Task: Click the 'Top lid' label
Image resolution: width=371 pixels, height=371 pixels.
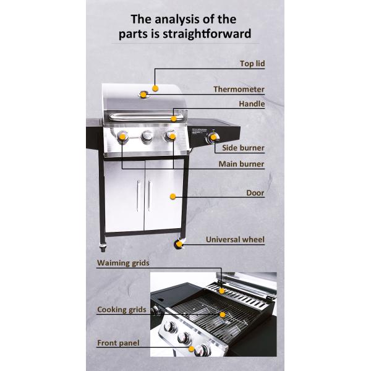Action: point(252,64)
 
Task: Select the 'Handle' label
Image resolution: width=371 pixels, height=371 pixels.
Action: point(252,104)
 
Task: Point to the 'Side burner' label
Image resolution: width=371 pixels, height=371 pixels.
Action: point(243,148)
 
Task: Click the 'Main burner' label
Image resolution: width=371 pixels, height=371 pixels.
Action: point(241,164)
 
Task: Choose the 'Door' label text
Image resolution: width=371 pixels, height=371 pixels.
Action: point(255,193)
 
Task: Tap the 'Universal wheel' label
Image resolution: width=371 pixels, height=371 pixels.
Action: point(235,239)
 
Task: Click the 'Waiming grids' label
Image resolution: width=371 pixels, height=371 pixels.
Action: point(123,263)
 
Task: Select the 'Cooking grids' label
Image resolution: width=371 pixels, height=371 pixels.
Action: point(121,309)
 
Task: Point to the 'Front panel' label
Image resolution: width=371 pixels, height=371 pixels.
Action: point(118,343)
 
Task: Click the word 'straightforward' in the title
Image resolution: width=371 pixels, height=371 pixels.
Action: point(202,33)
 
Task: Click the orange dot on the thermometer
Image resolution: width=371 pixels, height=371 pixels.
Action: point(143,94)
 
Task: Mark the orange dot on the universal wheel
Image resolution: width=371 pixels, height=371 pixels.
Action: point(180,244)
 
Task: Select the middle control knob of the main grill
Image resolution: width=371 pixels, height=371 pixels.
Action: point(147,137)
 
